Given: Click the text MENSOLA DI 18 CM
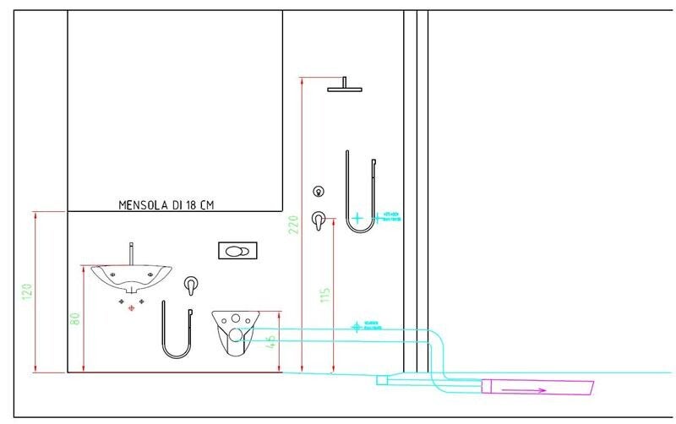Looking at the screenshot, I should tap(166, 204).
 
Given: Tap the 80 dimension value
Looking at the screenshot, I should tap(75, 320).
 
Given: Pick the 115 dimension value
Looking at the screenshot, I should tap(325, 296).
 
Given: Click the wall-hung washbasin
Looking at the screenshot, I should tap(131, 276).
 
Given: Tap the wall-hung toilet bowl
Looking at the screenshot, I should tap(234, 331).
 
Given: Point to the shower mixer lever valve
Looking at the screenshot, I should tap(319, 220).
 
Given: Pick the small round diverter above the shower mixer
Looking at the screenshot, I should tap(319, 191).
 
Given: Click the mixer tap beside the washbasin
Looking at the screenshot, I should tap(192, 285).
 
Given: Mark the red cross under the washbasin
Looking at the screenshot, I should tap(131, 309).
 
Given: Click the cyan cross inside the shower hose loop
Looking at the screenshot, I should tap(358, 217).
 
